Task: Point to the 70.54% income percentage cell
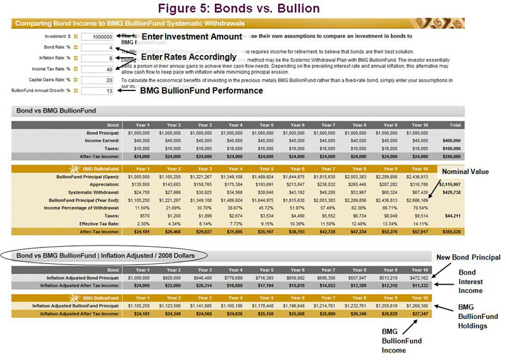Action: point(420,207)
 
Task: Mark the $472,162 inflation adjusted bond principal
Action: point(419,278)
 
